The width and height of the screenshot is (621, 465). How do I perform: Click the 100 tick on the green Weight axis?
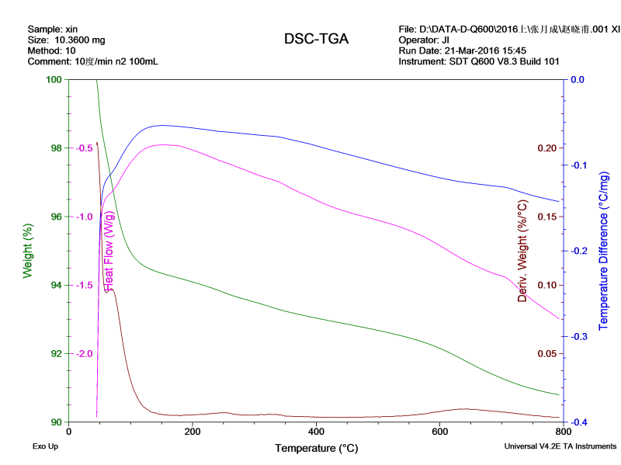click(x=54, y=79)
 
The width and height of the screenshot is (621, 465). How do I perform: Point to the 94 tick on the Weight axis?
click(x=54, y=285)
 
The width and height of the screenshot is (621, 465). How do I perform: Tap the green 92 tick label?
click(x=54, y=354)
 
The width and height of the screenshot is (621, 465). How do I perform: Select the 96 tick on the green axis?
click(x=54, y=217)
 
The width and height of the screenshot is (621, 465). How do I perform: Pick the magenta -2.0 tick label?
click(x=84, y=354)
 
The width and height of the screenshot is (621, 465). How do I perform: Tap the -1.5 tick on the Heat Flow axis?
click(x=84, y=285)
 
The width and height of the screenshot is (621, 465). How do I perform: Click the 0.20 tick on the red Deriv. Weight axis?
click(x=547, y=148)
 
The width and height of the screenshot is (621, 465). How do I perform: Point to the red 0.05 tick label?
click(x=547, y=354)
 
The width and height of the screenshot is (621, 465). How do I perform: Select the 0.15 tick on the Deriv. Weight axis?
click(x=547, y=217)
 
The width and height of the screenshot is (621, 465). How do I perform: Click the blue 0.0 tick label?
click(x=578, y=79)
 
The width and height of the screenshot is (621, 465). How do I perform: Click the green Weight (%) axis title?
click(x=28, y=251)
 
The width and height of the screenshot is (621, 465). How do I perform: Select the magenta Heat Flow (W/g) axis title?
click(x=109, y=251)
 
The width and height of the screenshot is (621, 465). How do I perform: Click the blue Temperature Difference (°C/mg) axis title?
click(x=605, y=251)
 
